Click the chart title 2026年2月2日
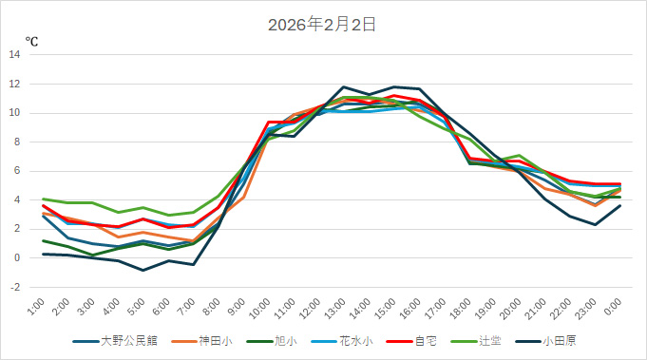click(322, 25)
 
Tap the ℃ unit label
click(31, 41)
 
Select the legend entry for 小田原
click(561, 341)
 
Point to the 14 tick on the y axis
click(14, 54)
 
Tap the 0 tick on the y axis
click(17, 257)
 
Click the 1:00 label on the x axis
click(36, 306)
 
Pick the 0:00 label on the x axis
click(613, 306)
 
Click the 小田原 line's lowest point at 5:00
click(143, 270)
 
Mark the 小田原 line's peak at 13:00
click(343, 86)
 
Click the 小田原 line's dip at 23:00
click(595, 224)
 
